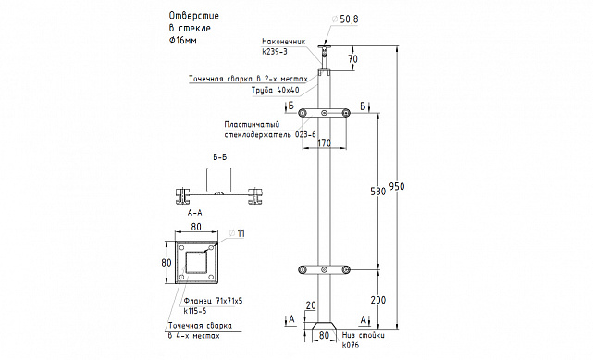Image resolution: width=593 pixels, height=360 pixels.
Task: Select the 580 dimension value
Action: click(x=378, y=192)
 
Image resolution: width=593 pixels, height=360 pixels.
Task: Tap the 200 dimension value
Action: click(x=378, y=300)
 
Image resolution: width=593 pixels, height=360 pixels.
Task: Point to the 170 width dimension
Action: click(x=325, y=143)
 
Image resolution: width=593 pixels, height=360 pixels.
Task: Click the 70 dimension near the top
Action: click(x=353, y=59)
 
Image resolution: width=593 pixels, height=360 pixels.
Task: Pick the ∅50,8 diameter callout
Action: click(x=344, y=19)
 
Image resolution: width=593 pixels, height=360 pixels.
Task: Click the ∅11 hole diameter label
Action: click(x=237, y=234)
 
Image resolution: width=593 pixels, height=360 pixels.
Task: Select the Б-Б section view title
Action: click(x=220, y=157)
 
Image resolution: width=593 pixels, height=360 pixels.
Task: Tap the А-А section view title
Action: click(x=195, y=213)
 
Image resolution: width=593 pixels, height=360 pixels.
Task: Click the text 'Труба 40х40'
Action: click(x=276, y=90)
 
